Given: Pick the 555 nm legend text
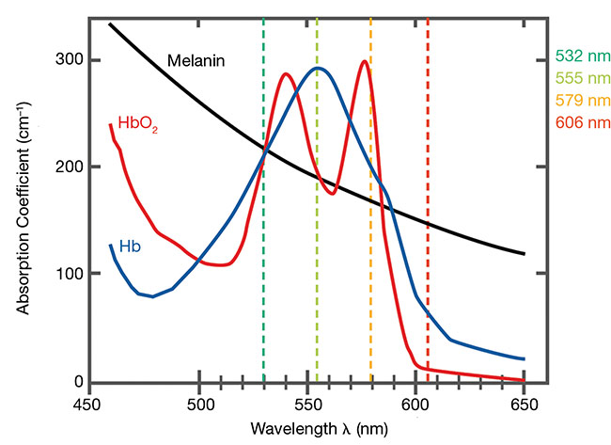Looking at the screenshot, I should [582, 79].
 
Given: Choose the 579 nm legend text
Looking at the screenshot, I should [582, 100].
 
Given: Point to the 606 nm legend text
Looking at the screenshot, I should [582, 121].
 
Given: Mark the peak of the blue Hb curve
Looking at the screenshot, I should [318, 68].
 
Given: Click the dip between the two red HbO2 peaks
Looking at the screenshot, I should [333, 193].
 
